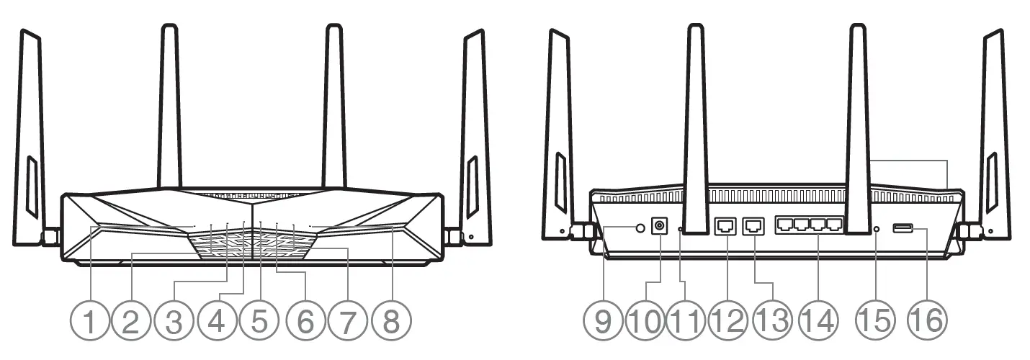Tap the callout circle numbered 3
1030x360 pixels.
click(174, 320)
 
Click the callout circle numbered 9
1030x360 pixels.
click(603, 320)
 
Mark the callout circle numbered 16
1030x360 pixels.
click(925, 320)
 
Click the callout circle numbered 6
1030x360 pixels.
click(305, 320)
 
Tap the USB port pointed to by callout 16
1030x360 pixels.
click(903, 229)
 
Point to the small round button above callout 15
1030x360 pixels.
click(877, 229)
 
